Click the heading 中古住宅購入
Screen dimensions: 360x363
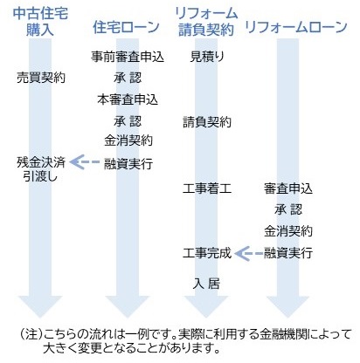(40, 22)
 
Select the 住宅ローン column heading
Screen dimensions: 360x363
(126, 28)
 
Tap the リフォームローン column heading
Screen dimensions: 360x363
(296, 27)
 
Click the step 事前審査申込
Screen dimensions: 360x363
(128, 57)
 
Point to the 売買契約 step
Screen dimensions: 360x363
(41, 78)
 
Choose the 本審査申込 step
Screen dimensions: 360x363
(128, 99)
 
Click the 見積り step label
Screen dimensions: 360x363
(207, 57)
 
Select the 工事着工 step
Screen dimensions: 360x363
(207, 188)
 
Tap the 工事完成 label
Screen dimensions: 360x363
(207, 253)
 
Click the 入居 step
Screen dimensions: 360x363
(206, 284)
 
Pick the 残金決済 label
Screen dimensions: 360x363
(41, 162)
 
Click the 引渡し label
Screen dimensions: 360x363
(40, 176)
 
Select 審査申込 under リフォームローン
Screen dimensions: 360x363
(288, 188)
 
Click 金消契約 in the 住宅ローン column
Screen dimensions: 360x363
(128, 140)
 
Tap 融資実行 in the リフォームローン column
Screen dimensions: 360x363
(288, 253)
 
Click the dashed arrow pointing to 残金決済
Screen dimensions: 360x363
(85, 162)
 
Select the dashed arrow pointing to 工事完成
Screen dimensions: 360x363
(248, 254)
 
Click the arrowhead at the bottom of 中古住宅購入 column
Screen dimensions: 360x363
(40, 306)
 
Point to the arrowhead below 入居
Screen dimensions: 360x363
(206, 306)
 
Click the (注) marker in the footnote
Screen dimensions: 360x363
(31, 334)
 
